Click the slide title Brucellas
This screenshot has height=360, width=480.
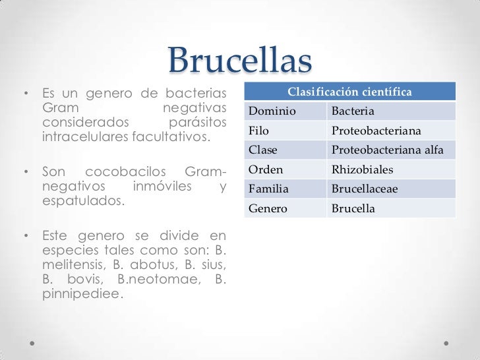pos(240,62)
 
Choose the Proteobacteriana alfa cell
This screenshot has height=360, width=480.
pos(387,151)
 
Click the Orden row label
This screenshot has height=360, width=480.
pos(264,170)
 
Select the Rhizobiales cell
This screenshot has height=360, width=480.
pos(362,170)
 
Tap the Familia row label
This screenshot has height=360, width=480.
pos(268,190)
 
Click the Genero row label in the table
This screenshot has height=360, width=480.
pos(266,209)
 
